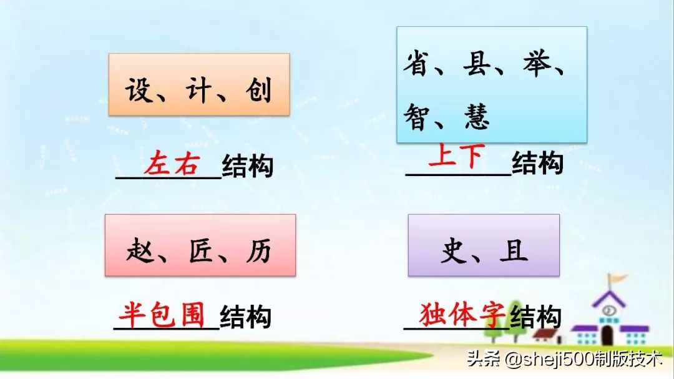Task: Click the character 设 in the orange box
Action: (x=140, y=91)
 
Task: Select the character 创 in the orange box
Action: (x=257, y=91)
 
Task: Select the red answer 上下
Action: (x=456, y=156)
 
